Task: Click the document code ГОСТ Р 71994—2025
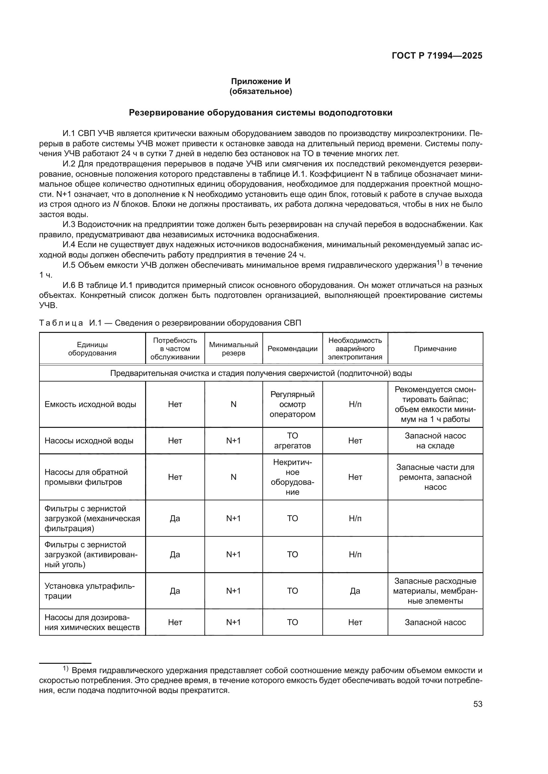(x=437, y=56)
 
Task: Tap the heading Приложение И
(x=260, y=81)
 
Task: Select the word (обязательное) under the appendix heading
(x=260, y=91)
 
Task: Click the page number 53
(x=477, y=704)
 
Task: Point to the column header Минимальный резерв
(x=233, y=349)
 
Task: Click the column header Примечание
(x=435, y=349)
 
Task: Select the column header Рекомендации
(x=292, y=349)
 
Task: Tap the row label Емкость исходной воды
(x=90, y=404)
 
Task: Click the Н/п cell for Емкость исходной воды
(x=355, y=404)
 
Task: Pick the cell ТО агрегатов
(x=292, y=440)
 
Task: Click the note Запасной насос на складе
(x=435, y=440)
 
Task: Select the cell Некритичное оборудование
(x=292, y=477)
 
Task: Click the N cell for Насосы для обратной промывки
(x=233, y=477)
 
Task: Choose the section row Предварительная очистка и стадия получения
(x=261, y=373)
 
